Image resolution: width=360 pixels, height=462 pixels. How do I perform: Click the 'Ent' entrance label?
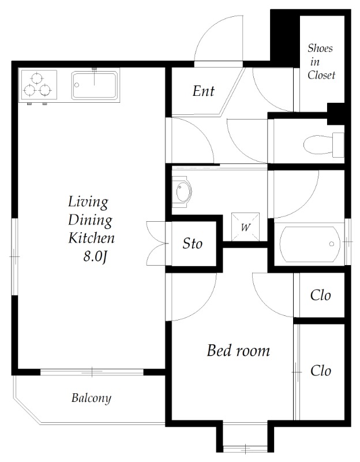point(204,91)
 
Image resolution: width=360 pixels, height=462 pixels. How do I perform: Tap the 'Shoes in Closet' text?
point(321,62)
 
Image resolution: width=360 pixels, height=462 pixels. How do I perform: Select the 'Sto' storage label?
point(193,244)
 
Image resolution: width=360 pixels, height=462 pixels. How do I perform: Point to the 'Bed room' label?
point(238,351)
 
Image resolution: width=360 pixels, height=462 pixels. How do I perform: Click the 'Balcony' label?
point(91,398)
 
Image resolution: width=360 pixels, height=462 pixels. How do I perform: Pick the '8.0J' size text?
point(94,257)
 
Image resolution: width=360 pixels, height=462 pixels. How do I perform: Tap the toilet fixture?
point(324,145)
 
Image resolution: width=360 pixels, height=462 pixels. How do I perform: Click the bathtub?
point(310,244)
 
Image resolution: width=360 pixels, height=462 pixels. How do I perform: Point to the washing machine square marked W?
point(246,227)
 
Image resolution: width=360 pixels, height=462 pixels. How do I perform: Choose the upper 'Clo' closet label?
point(320,295)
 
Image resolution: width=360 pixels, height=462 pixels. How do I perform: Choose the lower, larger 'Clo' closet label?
point(320,371)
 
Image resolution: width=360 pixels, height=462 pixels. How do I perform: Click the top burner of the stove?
point(37,79)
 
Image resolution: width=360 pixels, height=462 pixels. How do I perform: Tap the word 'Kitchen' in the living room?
point(91,238)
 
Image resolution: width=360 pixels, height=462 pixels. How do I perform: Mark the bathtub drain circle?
point(332,244)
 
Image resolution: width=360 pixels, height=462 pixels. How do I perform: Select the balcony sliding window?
point(92,372)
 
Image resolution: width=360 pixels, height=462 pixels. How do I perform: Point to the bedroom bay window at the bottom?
point(245,449)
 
